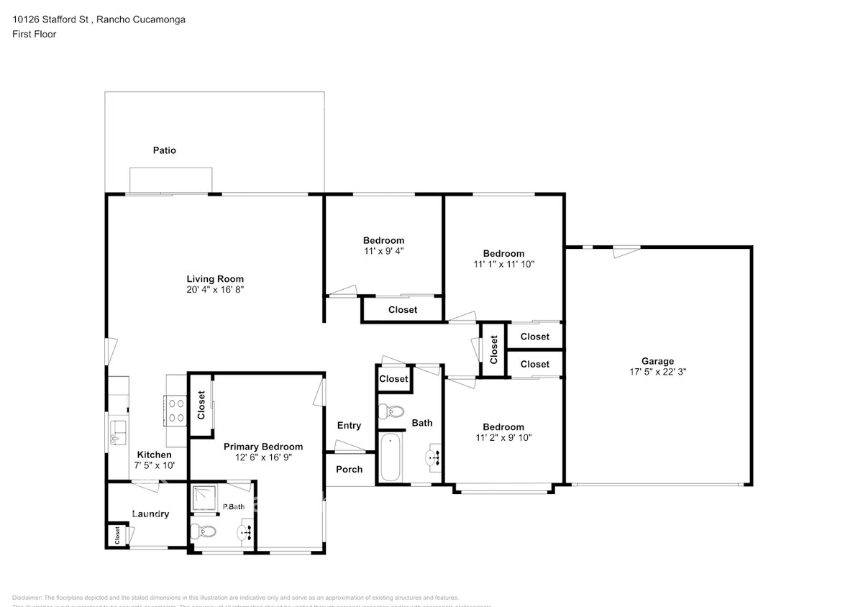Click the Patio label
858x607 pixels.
coord(164,150)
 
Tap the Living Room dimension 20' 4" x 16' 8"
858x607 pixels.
coord(215,290)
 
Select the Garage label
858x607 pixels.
coord(657,361)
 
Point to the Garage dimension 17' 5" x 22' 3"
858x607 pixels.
coord(657,373)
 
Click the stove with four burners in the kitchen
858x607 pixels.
coord(176,410)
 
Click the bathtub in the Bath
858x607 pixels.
coord(391,457)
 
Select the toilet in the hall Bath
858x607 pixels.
coord(390,412)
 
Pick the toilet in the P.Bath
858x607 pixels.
coord(202,532)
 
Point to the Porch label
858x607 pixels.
coord(350,469)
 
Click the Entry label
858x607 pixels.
coord(349,426)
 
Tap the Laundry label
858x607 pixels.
coord(150,514)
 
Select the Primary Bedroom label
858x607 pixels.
coord(263,447)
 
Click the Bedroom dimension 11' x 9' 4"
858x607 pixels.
coord(383,252)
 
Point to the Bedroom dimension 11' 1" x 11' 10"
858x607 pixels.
coord(503,264)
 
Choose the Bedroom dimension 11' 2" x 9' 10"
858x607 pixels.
coord(503,437)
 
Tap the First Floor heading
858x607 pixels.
coord(34,34)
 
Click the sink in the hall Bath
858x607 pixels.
coord(434,457)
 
